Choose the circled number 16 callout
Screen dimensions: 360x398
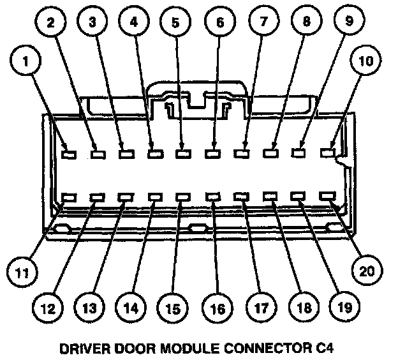pos(217,308)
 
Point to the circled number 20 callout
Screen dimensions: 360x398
pos(364,270)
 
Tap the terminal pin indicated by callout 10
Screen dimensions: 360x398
pos(328,153)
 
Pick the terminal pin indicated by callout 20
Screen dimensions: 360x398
pos(329,197)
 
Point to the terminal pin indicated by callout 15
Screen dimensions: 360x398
pos(183,198)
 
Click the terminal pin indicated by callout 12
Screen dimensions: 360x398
pos(97,198)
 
